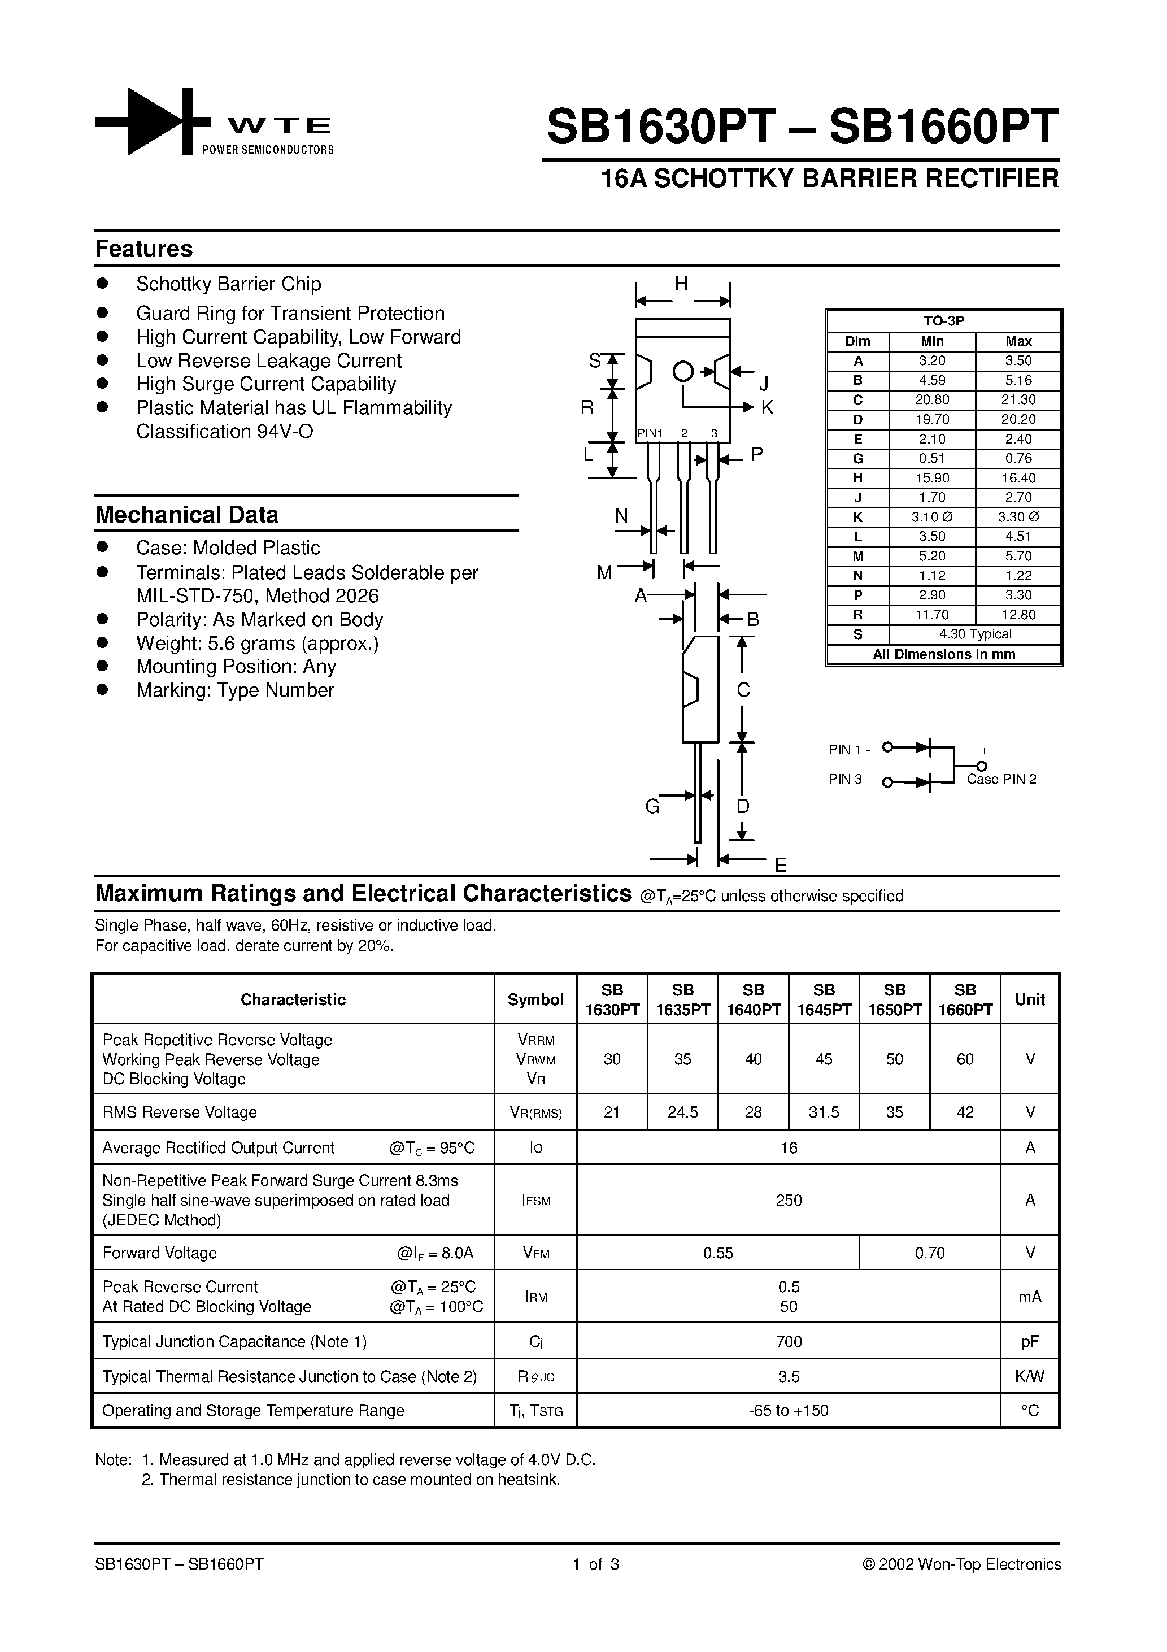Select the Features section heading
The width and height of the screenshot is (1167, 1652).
[144, 249]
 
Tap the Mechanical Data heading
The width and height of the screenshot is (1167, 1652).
[186, 515]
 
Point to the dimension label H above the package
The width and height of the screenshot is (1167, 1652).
[681, 284]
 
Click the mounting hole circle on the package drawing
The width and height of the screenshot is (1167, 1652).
[683, 372]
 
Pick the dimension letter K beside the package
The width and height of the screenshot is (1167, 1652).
[767, 408]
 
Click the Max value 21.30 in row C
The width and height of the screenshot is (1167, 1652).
[1017, 400]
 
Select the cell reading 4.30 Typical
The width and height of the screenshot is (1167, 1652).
[975, 634]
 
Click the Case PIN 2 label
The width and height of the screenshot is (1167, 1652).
[1001, 779]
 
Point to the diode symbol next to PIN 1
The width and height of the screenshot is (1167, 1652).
[923, 747]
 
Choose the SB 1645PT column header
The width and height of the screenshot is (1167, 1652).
[824, 1000]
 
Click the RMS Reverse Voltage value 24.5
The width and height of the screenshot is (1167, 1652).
[682, 1112]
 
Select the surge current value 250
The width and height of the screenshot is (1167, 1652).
[789, 1200]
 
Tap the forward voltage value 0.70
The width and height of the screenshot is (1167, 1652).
[930, 1253]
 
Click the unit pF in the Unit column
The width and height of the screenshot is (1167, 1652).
[1030, 1342]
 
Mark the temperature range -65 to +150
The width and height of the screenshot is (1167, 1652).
[789, 1411]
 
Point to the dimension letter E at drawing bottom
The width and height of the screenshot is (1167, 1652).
[781, 866]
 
